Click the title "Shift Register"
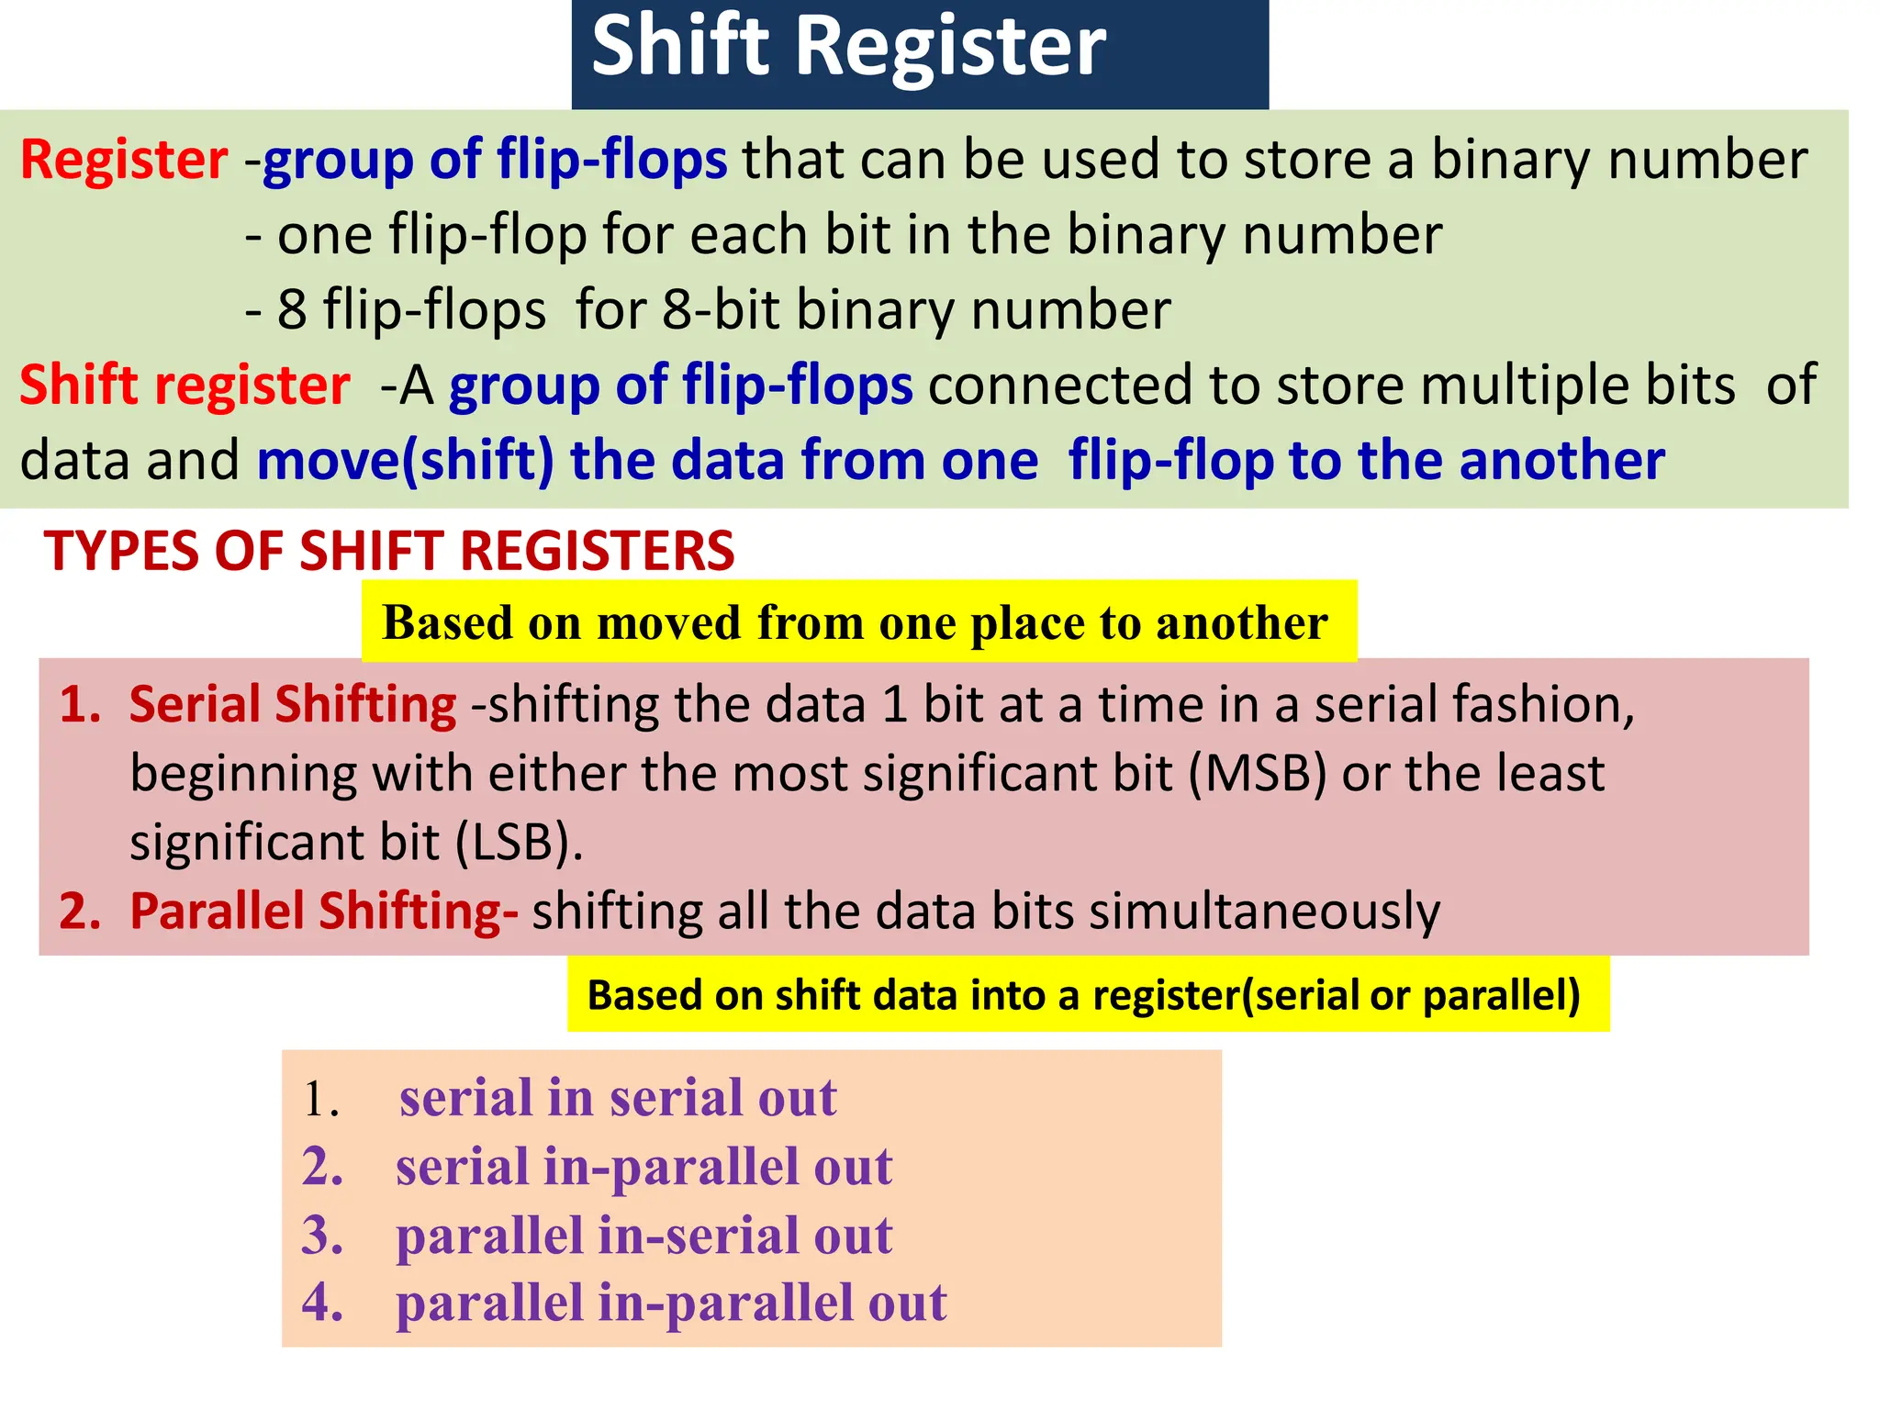pos(848,48)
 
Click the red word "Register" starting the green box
pos(124,160)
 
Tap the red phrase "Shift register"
pos(185,385)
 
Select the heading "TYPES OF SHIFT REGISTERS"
pos(389,551)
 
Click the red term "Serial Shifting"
pos(292,705)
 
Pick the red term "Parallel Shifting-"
pos(323,912)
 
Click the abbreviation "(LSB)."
pos(519,843)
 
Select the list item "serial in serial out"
pos(618,1098)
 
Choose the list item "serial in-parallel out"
pos(643,1167)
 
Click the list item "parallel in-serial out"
pos(643,1235)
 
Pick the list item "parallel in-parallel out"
pos(671,1303)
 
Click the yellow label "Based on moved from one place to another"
pos(855,622)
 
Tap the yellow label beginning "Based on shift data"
pos(1083,995)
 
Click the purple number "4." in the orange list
pos(322,1303)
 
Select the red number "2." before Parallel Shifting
pos(80,912)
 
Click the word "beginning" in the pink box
pos(242,774)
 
